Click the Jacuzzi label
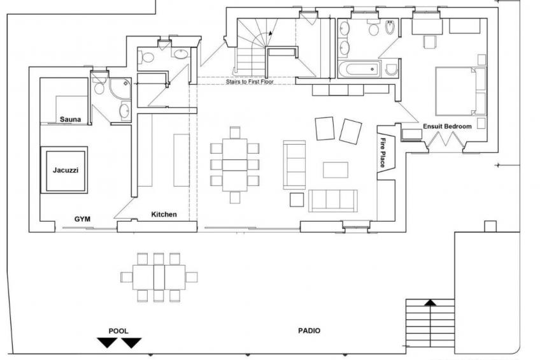[x=66, y=170]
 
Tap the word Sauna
[x=70, y=119]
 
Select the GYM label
[x=82, y=219]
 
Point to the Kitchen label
[x=164, y=214]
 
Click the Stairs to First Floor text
[x=250, y=82]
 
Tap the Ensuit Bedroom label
[x=447, y=126]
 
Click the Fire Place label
[x=383, y=152]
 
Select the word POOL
[x=118, y=331]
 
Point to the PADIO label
[x=309, y=331]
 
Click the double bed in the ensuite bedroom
[x=460, y=91]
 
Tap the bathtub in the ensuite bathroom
[x=359, y=69]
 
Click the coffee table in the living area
[x=336, y=170]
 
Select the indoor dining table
[x=235, y=164]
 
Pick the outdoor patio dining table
[x=159, y=277]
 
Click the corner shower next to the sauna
[x=120, y=89]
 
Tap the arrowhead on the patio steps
[x=430, y=303]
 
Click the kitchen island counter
[x=181, y=160]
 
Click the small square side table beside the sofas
[x=297, y=200]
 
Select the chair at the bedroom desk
[x=430, y=41]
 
